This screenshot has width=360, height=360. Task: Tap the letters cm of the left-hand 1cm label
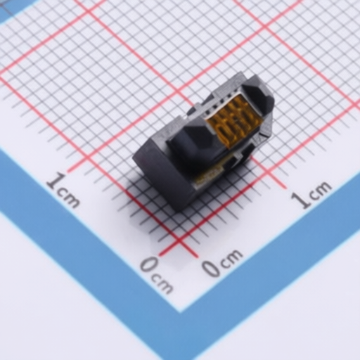tap(68, 198)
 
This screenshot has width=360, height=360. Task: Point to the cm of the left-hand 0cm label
tap(162, 283)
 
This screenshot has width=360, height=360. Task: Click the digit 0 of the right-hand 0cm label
tap(211, 267)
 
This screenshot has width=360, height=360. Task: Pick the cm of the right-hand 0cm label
tap(230, 257)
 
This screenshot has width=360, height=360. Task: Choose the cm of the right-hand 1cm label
tap(319, 190)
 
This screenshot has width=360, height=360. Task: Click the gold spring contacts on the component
tap(233, 122)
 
